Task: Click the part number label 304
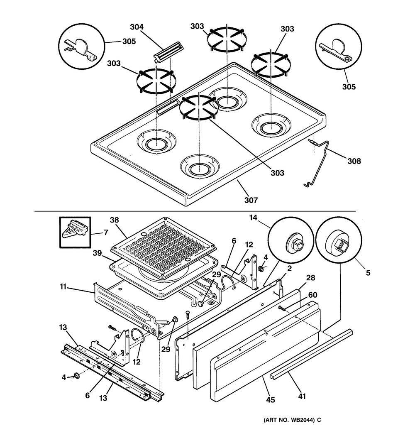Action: coord(137,27)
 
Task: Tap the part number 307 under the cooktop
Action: coord(251,200)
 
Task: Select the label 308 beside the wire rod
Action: coord(354,161)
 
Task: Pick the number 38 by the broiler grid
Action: coord(115,220)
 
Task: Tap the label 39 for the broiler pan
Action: coord(97,253)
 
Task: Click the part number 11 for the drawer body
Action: coord(63,287)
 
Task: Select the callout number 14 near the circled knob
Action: coord(253,218)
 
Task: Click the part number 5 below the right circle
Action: coord(368,273)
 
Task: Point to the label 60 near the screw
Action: coord(312,295)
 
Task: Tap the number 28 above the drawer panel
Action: coord(310,278)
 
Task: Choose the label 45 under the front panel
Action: coord(271,400)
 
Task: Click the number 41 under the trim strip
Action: coord(302,396)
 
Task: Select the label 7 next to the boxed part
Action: coord(106,233)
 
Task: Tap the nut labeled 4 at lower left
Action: coord(76,375)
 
